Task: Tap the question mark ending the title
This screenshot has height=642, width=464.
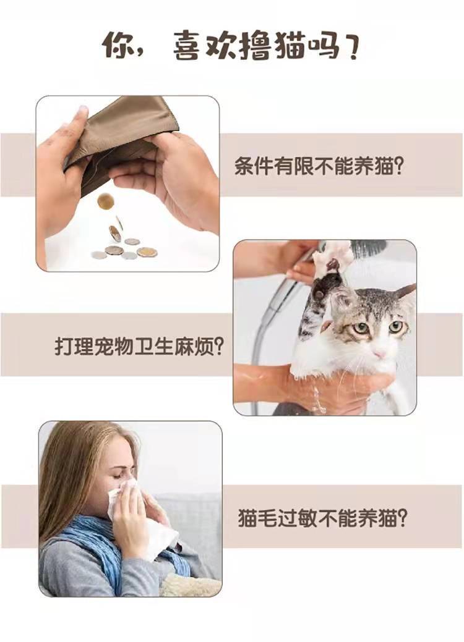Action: tap(350, 46)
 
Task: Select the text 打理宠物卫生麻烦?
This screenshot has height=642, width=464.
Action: tap(139, 347)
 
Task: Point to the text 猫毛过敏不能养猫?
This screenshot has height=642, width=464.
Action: tap(322, 518)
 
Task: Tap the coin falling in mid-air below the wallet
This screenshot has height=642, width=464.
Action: tap(105, 201)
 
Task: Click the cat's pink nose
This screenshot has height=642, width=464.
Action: tap(379, 353)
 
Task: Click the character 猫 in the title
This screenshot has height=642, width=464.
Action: tap(287, 45)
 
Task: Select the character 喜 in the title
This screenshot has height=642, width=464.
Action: tap(186, 45)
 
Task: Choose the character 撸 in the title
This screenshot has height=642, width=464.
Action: tap(254, 45)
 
